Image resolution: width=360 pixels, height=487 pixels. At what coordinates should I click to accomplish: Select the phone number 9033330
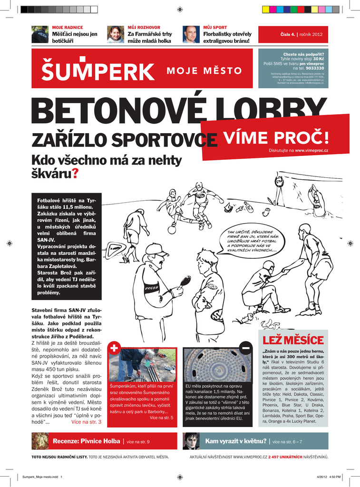(315, 68)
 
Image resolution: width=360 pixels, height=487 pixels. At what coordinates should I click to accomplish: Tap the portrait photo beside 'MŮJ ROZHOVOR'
(115, 34)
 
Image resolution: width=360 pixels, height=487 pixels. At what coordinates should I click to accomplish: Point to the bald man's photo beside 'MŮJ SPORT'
(191, 34)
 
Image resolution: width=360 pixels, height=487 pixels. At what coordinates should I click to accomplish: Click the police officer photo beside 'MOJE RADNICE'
(40, 34)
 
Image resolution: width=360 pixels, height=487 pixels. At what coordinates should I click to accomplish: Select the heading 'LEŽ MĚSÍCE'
(293, 341)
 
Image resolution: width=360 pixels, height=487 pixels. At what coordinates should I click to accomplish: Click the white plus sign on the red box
(114, 348)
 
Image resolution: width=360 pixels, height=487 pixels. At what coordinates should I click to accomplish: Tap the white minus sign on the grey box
(245, 348)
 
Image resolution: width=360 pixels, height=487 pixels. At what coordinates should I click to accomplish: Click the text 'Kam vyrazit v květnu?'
(235, 441)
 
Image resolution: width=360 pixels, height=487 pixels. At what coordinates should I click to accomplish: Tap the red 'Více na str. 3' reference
(86, 421)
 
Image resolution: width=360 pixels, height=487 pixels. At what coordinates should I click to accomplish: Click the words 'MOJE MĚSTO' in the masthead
(204, 71)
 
